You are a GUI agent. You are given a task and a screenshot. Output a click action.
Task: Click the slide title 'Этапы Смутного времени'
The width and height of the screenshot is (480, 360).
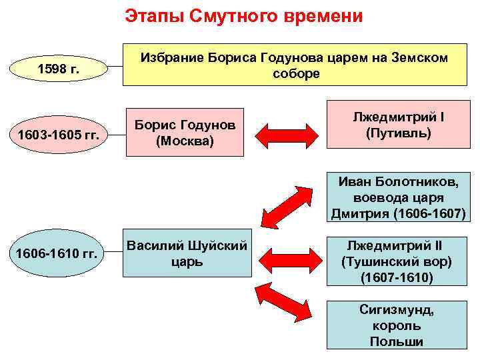(x=244, y=16)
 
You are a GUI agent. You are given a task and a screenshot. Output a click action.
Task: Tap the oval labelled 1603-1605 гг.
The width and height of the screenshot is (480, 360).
(x=59, y=135)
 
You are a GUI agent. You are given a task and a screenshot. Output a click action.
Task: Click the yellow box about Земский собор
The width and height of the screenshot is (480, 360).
(x=296, y=65)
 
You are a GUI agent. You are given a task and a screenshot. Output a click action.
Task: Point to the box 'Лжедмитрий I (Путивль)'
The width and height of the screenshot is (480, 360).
(x=399, y=125)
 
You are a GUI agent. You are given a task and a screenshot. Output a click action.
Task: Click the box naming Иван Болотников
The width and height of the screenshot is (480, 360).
(x=398, y=197)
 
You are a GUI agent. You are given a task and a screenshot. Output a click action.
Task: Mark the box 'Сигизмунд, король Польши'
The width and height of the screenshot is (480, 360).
(x=398, y=326)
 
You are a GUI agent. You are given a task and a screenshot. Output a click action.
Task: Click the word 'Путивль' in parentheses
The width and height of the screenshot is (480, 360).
(x=399, y=133)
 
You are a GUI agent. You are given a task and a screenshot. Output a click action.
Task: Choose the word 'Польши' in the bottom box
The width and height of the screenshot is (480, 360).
(x=399, y=342)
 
